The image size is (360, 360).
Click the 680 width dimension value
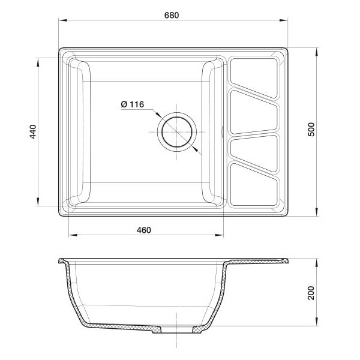pos(172,15)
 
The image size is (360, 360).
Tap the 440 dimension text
pos(33,131)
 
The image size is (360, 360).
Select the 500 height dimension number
pos(311,130)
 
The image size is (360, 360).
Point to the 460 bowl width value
pos(144,230)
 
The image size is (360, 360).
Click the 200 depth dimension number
pos(311,293)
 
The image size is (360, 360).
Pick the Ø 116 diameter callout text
pos(133,104)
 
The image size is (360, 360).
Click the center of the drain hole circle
pos(177,132)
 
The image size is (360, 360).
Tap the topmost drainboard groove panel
pos(254,77)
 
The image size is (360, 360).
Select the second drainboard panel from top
pos(254,112)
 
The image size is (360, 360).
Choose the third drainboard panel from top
pos(254,152)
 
